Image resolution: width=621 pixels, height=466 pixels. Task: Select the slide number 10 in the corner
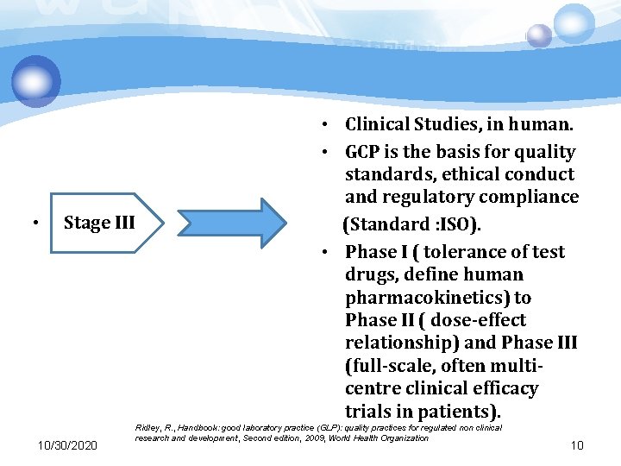(577, 444)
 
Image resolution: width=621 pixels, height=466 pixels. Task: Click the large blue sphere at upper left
(36, 82)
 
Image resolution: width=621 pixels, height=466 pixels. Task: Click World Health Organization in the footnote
(380, 438)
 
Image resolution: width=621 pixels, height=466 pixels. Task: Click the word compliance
(534, 197)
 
